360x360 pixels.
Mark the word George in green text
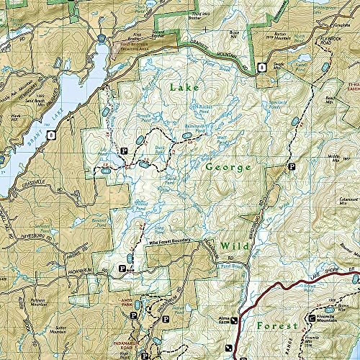click(226, 167)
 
